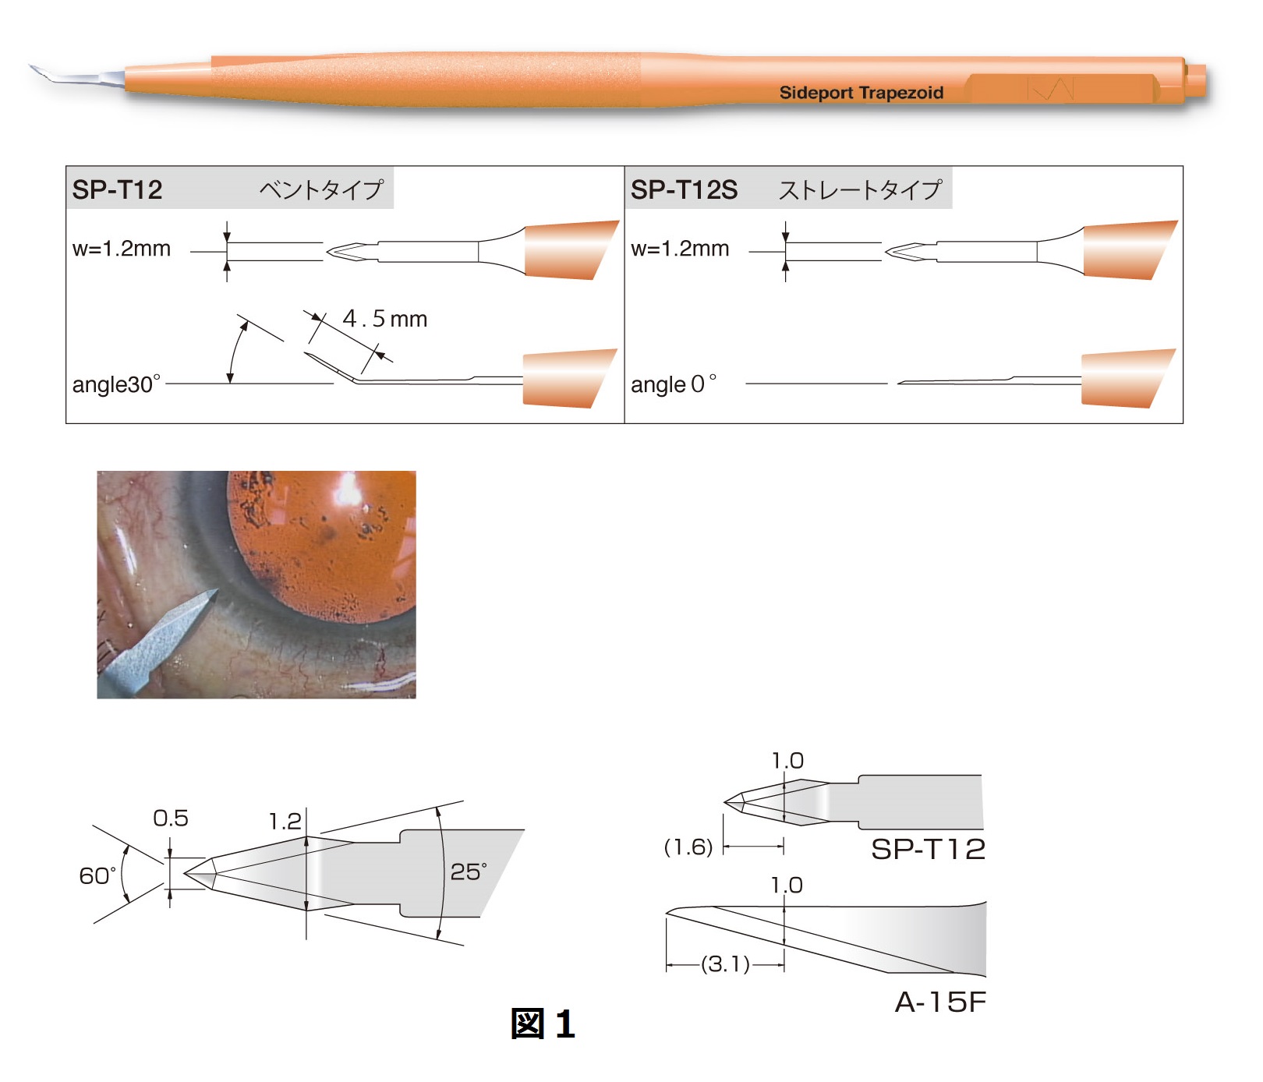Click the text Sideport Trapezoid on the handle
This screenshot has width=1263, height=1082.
coord(861,93)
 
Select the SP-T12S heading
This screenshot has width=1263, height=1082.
coord(684,189)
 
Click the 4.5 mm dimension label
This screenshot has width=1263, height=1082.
coord(385,318)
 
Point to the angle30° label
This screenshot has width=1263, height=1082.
coord(116,384)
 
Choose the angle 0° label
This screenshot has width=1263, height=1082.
coord(674,384)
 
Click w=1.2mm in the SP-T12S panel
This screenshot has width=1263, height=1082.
coord(680,249)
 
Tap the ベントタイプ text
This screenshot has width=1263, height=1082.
coord(321,189)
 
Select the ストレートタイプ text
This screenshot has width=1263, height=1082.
coord(861,189)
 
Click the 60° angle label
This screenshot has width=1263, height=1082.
coord(97,875)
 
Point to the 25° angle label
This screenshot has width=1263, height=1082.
coord(469,871)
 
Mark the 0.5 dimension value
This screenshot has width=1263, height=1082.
coord(171,818)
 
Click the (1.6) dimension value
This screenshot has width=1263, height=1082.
coord(688,847)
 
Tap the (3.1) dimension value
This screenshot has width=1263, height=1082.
coord(726,964)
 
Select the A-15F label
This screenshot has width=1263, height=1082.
coord(940,1002)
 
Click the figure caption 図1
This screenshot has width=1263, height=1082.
coord(543,1024)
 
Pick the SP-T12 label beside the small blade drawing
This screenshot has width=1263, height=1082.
coord(928,849)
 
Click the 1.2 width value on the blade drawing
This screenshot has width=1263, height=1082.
coord(285,821)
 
